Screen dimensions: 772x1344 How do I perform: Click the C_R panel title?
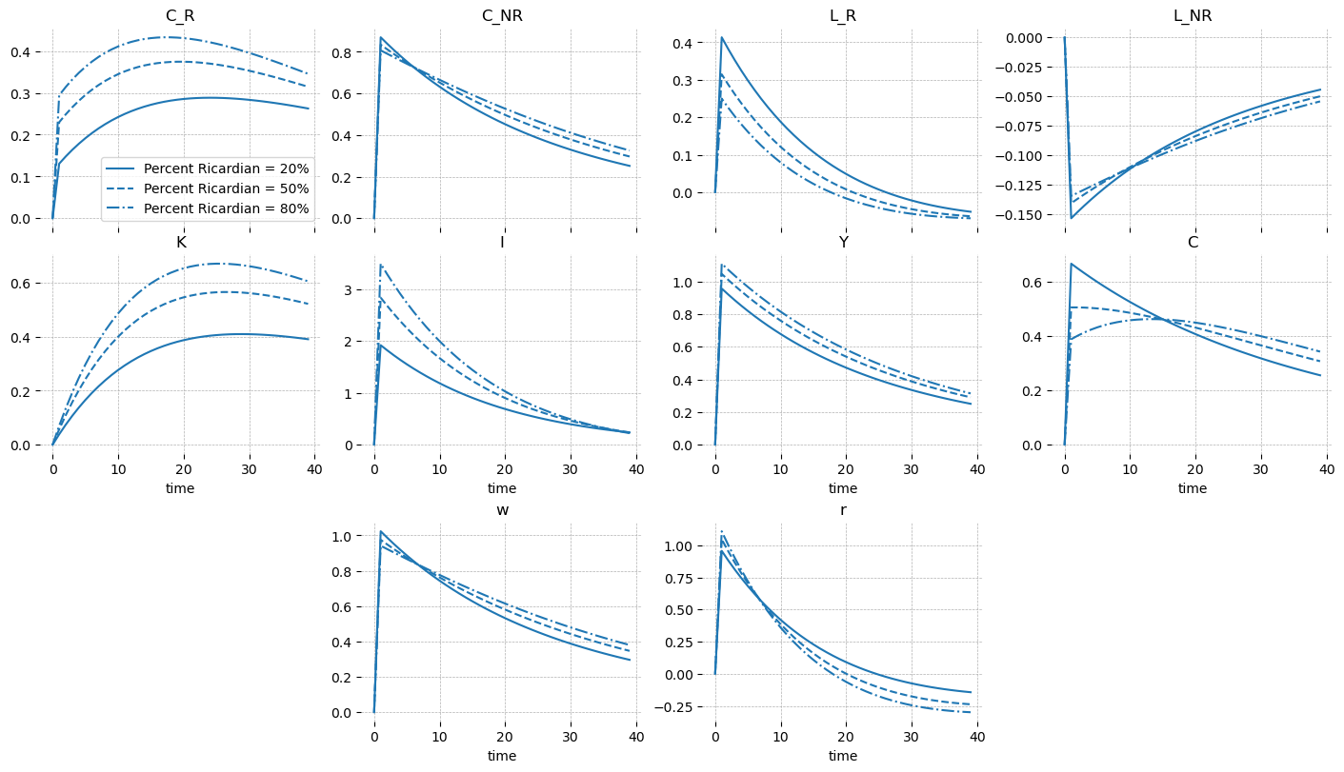pos(180,16)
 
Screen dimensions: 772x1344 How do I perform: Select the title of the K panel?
pos(180,243)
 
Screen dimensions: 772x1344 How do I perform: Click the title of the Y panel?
pos(843,243)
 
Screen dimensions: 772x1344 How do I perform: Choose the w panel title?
pos(502,510)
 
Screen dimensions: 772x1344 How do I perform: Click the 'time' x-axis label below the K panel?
pos(180,488)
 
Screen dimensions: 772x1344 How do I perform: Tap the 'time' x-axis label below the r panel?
pos(843,756)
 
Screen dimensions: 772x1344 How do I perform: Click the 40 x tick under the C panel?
pos(1326,468)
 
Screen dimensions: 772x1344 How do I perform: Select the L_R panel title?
pos(843,16)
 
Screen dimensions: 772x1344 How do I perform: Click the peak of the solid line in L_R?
pos(722,37)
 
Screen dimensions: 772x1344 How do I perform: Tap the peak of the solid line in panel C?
pos(1072,264)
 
